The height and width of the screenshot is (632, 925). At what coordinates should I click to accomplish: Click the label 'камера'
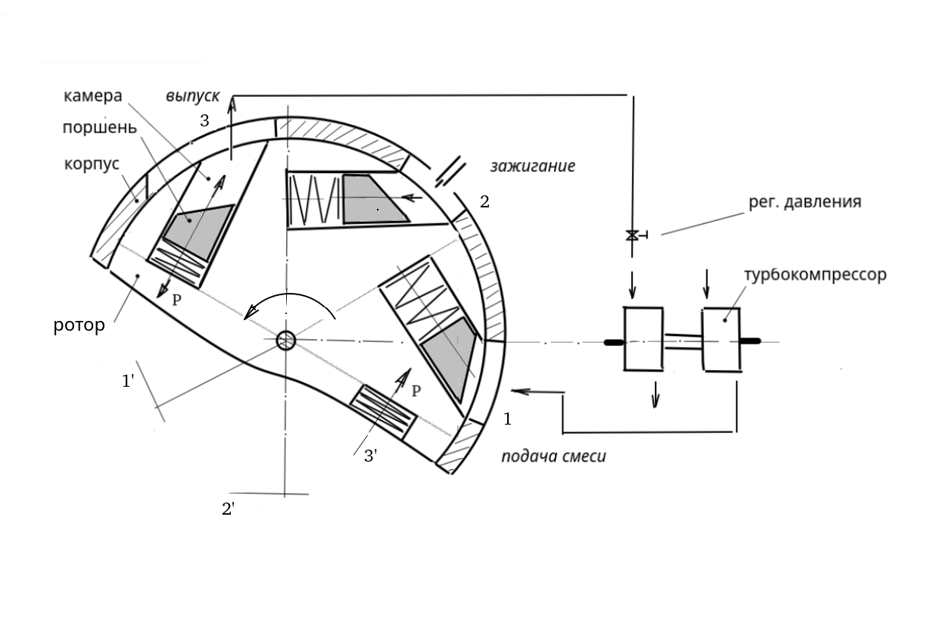click(x=92, y=98)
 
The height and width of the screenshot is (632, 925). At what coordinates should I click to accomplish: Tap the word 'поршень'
click(x=100, y=127)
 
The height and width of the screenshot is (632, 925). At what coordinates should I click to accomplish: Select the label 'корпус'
click(x=92, y=163)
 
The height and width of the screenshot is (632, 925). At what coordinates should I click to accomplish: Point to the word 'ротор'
click(x=79, y=327)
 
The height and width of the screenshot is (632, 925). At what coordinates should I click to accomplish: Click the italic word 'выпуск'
click(x=193, y=97)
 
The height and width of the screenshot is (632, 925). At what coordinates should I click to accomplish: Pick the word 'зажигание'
click(x=532, y=166)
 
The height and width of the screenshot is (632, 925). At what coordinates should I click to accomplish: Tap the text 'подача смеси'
click(x=553, y=456)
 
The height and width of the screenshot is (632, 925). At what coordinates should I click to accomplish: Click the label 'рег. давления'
click(x=805, y=202)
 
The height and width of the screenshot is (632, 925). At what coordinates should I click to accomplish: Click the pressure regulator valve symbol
click(x=631, y=235)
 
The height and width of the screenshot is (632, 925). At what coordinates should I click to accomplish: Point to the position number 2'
click(x=228, y=509)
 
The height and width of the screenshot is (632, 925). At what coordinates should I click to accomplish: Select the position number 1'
click(x=129, y=381)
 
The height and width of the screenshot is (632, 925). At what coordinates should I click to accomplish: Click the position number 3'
click(x=371, y=456)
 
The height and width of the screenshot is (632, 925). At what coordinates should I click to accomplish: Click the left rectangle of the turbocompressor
click(x=643, y=338)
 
